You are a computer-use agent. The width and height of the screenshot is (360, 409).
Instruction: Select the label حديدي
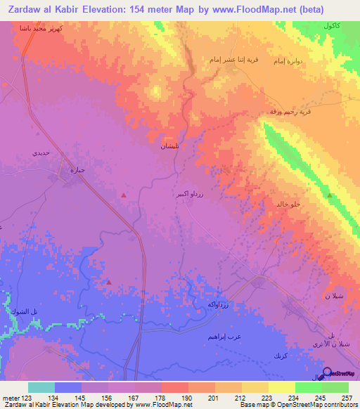pyautogui.click(x=41, y=152)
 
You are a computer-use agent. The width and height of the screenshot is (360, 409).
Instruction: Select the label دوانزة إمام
pyautogui.click(x=289, y=60)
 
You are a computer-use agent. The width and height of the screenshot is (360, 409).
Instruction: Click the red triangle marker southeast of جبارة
pyautogui.click(x=124, y=195)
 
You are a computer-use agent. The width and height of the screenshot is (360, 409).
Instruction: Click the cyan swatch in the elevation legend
pyautogui.click(x=41, y=387)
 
